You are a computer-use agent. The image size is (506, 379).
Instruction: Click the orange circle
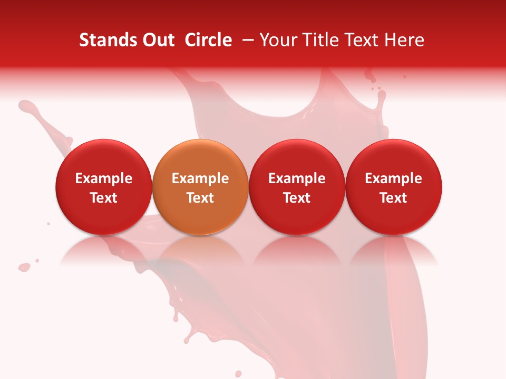tap(200, 158)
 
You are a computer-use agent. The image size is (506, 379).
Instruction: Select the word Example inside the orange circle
tap(200, 178)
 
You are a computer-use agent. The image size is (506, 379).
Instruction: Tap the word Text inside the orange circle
tap(200, 198)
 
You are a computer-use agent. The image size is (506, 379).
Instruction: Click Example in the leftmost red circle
tap(104, 178)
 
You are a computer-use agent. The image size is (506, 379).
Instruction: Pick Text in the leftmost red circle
tap(104, 198)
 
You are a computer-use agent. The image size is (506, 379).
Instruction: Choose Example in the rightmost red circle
tap(394, 178)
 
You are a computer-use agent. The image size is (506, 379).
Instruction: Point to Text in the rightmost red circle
tap(394, 198)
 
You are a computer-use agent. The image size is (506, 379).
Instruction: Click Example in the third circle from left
tap(297, 178)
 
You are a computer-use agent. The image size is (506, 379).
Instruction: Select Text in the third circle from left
tap(297, 198)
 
